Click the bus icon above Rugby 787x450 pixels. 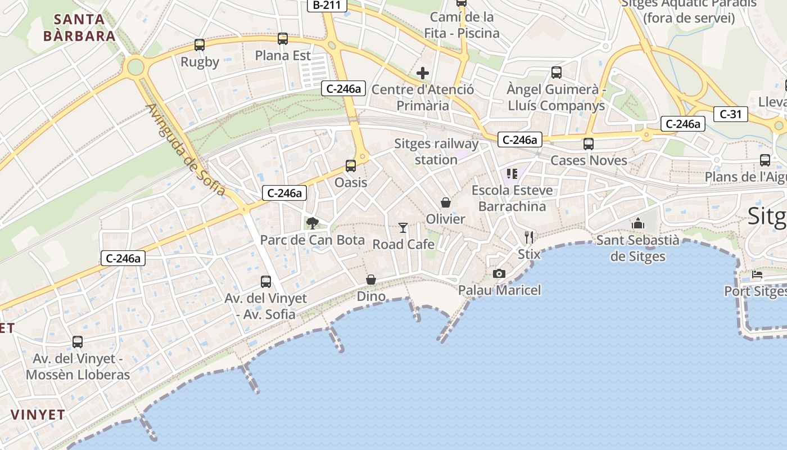tap(200, 45)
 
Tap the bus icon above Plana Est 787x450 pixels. tap(283, 39)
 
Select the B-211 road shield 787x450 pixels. tap(327, 5)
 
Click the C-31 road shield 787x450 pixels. tap(730, 114)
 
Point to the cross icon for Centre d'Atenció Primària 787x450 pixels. tap(423, 73)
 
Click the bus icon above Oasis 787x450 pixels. tap(351, 166)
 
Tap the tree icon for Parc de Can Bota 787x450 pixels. tap(312, 223)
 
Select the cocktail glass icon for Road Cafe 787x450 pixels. tap(403, 227)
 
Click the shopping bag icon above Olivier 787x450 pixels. tap(446, 202)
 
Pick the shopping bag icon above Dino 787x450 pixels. tap(371, 280)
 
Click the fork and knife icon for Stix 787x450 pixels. tap(528, 237)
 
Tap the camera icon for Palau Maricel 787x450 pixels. tap(499, 273)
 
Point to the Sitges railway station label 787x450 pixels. tap(436, 151)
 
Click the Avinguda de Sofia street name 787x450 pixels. tap(186, 150)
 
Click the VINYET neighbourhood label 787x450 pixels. tap(38, 415)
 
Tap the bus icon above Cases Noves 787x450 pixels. tap(589, 144)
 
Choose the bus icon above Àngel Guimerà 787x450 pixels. tap(557, 73)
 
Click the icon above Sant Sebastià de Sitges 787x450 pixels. tap(637, 223)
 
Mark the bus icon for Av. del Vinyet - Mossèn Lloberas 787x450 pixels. tap(78, 341)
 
